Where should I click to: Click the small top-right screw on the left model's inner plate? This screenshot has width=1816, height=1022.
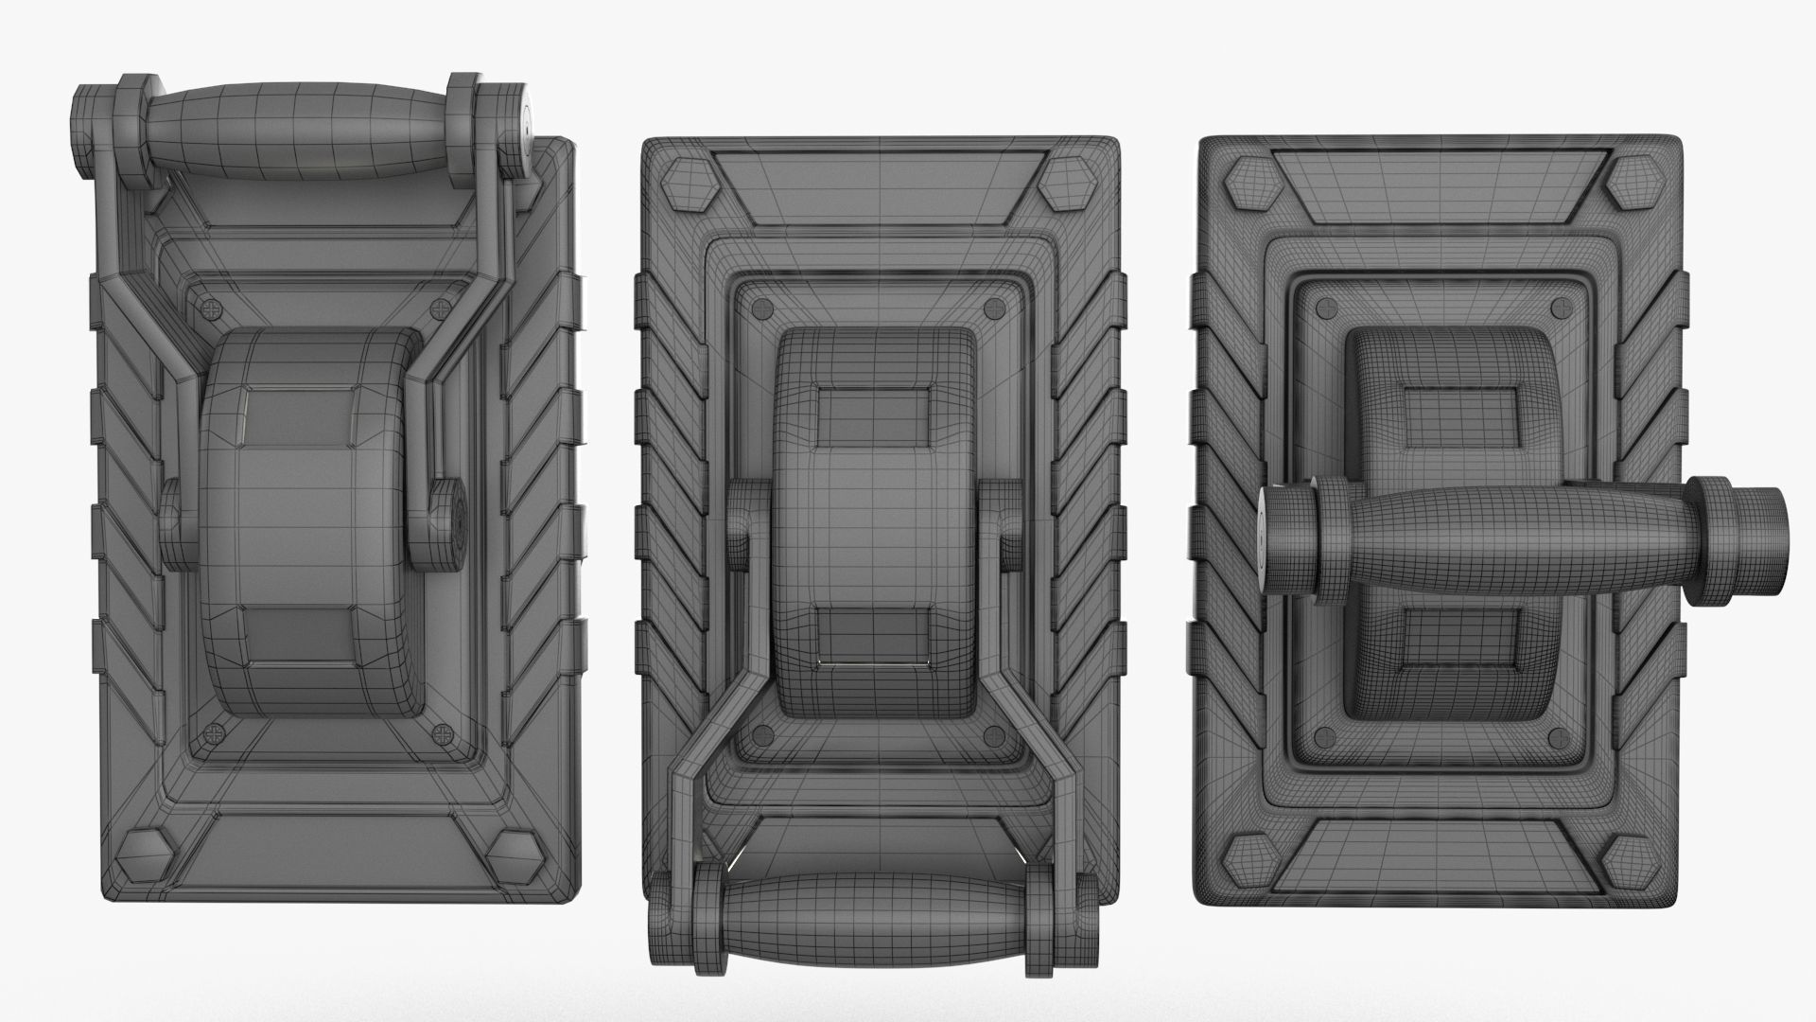443,308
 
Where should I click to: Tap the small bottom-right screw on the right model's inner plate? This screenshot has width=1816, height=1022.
1557,739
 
